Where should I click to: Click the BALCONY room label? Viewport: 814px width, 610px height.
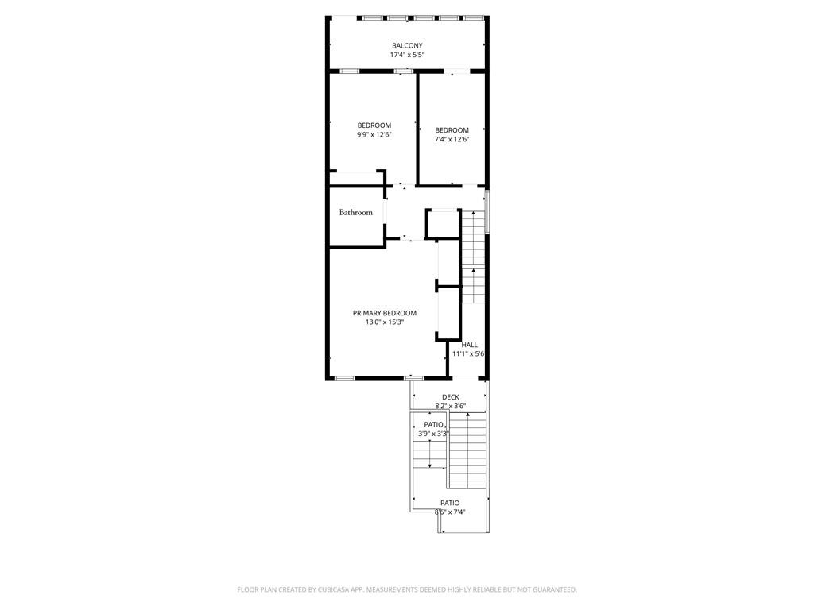tap(407, 46)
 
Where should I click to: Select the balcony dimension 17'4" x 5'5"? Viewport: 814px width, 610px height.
tap(407, 56)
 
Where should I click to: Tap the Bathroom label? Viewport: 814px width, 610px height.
tap(356, 213)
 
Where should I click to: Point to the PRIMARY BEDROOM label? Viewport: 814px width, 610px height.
tap(385, 313)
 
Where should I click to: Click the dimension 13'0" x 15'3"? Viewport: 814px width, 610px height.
tap(385, 322)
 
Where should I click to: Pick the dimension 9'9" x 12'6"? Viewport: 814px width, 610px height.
tap(374, 135)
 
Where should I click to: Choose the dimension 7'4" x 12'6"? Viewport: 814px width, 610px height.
tap(452, 140)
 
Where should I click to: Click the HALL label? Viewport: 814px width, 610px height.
tap(470, 345)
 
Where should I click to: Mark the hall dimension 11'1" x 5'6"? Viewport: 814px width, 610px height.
tap(469, 354)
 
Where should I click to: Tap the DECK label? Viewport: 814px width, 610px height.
tap(451, 397)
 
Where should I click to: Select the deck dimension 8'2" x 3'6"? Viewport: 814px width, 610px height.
tap(451, 407)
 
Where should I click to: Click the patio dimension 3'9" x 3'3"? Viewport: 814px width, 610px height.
tap(434, 434)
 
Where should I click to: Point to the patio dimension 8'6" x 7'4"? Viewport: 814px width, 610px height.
tap(450, 512)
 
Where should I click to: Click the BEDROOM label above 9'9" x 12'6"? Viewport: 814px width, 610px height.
tap(374, 125)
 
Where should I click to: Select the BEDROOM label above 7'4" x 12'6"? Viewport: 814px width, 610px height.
tap(452, 130)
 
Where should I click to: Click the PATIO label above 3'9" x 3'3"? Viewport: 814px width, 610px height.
tap(433, 425)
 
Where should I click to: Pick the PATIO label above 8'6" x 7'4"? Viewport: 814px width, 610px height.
tap(450, 503)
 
